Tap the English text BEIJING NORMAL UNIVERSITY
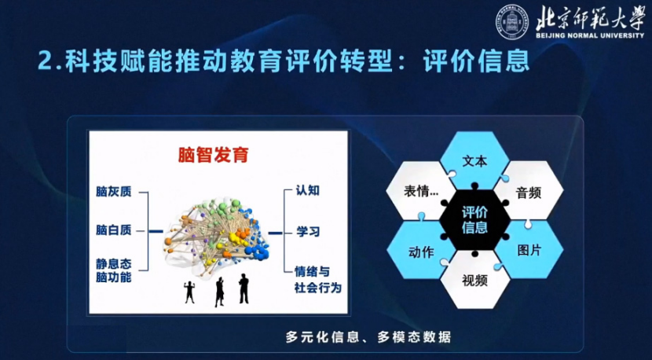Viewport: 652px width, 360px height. point(590,35)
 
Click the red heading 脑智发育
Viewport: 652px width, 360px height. point(214,155)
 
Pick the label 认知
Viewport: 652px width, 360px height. point(308,191)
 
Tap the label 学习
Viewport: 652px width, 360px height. point(308,231)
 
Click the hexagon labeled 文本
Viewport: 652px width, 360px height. point(474,160)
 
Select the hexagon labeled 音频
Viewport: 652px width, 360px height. point(529,191)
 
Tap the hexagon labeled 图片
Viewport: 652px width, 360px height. point(529,250)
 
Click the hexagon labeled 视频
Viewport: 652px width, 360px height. point(474,280)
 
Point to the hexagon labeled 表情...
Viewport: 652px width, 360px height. point(421,191)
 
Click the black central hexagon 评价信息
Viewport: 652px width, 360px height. point(474,220)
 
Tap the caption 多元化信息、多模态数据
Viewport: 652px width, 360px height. point(368,336)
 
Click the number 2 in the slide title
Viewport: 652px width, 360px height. point(45,61)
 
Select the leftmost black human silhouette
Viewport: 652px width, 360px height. point(189,292)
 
